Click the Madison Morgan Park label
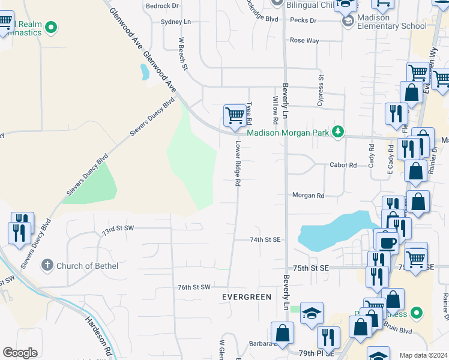pyautogui.click(x=289, y=133)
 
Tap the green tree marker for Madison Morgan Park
pyautogui.click(x=338, y=131)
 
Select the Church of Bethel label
pyautogui.click(x=87, y=265)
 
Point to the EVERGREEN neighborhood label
pyautogui.click(x=246, y=297)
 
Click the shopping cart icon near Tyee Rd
pyautogui.click(x=234, y=114)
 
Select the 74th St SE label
pyautogui.click(x=265, y=239)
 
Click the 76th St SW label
pyautogui.click(x=194, y=287)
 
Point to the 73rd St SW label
pyautogui.click(x=117, y=229)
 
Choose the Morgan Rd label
pyautogui.click(x=308, y=196)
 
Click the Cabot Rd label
pyautogui.click(x=343, y=165)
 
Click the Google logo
pyautogui.click(x=20, y=353)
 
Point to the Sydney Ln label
pyautogui.click(x=175, y=22)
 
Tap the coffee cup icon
pyautogui.click(x=387, y=242)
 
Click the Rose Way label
pyautogui.click(x=304, y=40)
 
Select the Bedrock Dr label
pyautogui.click(x=163, y=5)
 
